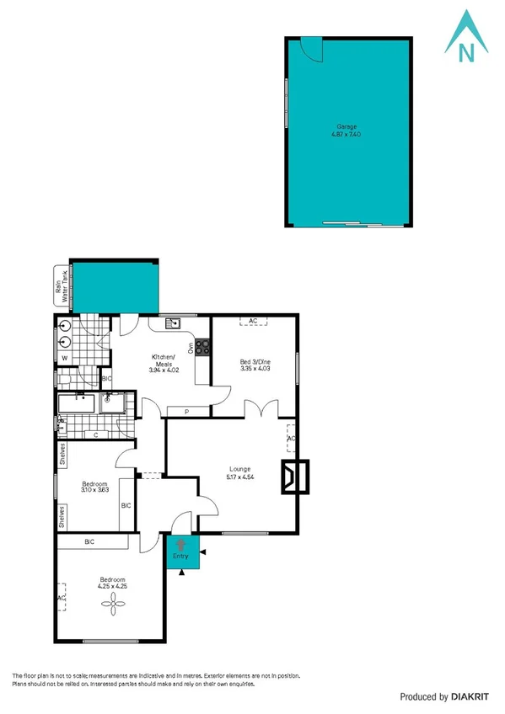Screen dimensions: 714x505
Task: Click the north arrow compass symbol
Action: click(465, 38)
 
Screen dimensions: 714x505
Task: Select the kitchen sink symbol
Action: click(173, 322)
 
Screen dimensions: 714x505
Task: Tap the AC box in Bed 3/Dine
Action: click(253, 321)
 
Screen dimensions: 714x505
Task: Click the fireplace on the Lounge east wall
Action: click(297, 477)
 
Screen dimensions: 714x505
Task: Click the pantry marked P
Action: click(185, 412)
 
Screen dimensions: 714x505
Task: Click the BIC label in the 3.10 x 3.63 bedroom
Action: click(126, 506)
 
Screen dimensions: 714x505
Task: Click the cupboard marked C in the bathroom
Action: click(95, 434)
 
